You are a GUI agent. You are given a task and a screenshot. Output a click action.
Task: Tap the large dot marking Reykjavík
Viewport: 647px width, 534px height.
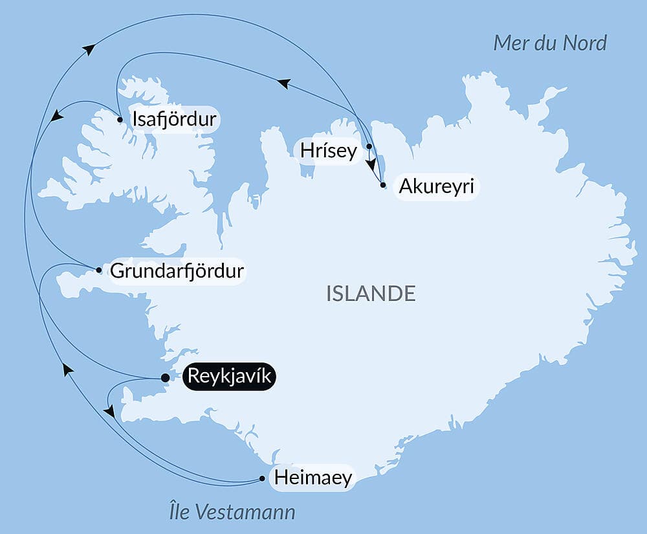pos(165,378)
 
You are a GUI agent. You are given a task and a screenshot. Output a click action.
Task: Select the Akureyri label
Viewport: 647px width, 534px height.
pos(436,187)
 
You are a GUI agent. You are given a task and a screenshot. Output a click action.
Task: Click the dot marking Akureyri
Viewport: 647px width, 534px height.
pos(383,185)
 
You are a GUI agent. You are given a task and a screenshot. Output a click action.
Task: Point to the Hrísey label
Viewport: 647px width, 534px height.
pos(328,151)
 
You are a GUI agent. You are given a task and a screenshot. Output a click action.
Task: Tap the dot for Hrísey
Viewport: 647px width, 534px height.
pos(369,146)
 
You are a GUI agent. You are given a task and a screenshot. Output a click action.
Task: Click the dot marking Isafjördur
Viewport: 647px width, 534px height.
pos(120,119)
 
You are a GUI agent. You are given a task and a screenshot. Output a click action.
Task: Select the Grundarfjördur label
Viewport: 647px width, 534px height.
pos(177,271)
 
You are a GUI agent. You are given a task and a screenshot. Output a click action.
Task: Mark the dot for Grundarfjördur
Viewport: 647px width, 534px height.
pos(98,270)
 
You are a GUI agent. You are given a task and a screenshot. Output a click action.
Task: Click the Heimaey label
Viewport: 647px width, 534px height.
pos(313,478)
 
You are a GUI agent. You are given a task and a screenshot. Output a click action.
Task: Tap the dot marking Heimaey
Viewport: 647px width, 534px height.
pos(262,479)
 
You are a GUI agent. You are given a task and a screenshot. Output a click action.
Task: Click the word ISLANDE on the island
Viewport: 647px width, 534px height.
pos(371,293)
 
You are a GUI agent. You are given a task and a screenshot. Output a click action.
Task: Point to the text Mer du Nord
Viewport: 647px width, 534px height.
pos(549,43)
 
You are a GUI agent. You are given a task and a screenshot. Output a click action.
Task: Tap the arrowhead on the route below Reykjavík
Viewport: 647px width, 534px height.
pos(109,411)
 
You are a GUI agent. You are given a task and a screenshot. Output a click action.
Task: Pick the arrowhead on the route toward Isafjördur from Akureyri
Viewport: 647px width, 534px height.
pos(283,83)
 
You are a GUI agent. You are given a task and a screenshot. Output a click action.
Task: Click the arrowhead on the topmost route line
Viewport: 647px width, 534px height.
pos(89,49)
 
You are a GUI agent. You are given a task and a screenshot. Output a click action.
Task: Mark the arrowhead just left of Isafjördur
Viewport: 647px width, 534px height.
pos(57,116)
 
